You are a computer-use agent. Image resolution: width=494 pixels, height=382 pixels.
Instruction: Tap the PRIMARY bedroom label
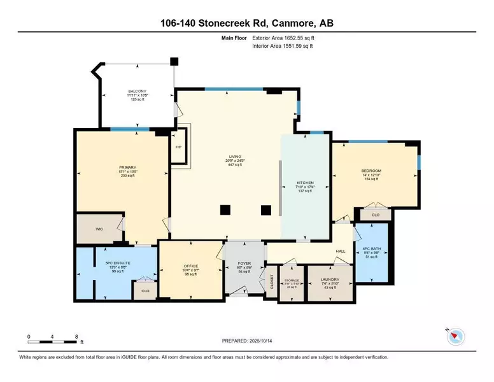click(109, 168)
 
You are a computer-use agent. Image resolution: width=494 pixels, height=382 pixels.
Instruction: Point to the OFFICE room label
click(191, 266)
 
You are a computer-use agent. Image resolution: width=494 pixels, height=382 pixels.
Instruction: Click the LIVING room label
click(237, 155)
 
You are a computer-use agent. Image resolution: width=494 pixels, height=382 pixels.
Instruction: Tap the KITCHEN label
click(306, 182)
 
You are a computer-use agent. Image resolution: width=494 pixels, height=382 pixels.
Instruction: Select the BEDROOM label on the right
click(371, 171)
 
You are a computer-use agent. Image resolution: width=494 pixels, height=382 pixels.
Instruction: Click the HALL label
click(341, 251)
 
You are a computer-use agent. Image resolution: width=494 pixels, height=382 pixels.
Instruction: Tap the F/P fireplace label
click(178, 147)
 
